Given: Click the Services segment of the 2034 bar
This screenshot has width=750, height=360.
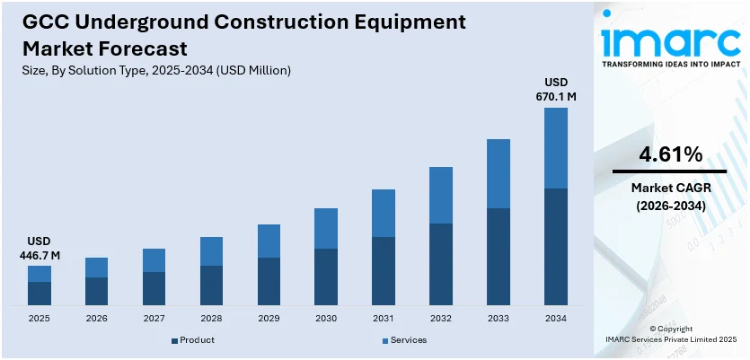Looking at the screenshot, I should pos(556,148).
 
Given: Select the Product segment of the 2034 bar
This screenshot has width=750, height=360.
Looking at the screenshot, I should pos(556,246).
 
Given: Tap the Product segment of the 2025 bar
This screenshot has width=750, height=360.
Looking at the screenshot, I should pos(40,294).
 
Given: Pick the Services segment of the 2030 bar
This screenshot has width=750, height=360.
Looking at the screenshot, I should pos(326,228).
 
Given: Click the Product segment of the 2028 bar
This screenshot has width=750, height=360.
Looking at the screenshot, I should pos(211,285).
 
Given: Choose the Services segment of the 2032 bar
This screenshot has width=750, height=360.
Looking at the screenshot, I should pos(441,195).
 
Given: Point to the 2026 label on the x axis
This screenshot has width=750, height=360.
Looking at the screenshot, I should pos(96,318).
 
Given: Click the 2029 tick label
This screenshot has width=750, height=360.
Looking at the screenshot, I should pos(269,318).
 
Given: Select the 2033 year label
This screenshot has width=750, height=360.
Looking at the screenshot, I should pos(499,318).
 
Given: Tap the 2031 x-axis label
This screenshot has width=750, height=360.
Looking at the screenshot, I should pos(384,318).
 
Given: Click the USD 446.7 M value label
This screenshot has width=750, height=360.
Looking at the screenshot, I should pos(40,249).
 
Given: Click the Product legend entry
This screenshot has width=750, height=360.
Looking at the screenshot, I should pos(192,340).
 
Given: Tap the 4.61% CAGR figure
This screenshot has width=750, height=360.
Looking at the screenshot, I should pos(670,154).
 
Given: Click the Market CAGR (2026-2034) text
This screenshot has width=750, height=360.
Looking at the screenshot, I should pos(670,197).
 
